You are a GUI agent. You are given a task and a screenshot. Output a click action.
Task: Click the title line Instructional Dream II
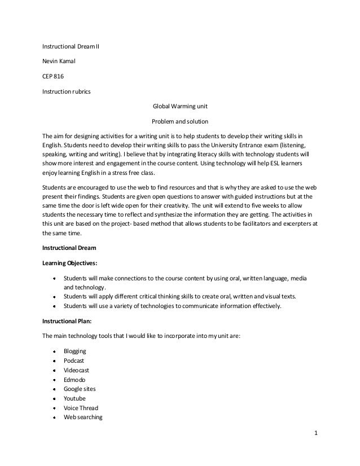tap(71, 46)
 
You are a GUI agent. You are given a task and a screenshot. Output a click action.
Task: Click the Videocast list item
tap(76, 370)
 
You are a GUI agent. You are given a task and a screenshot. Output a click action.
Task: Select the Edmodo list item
tap(74, 380)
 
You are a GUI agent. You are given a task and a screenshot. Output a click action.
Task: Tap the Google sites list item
tap(78, 389)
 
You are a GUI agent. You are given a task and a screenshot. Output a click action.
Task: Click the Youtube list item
tap(74, 399)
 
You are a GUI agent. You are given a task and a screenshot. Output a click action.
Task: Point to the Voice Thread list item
tap(81, 408)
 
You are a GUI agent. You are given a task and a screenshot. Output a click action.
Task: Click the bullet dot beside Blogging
tap(54, 351)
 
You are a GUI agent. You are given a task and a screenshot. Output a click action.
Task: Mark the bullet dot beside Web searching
tap(54, 418)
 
